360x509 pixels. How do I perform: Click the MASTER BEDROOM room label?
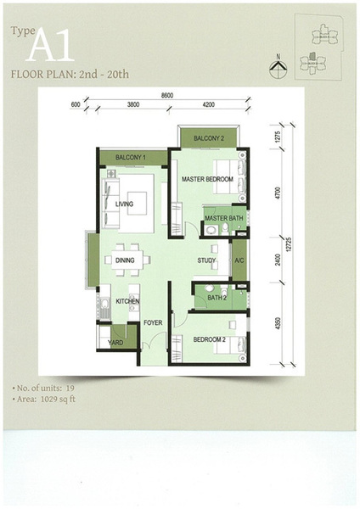pyautogui.click(x=207, y=179)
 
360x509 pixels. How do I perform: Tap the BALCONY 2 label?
pyautogui.click(x=209, y=138)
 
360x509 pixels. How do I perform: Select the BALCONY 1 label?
pyautogui.click(x=130, y=158)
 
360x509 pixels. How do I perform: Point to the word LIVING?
pyautogui.click(x=124, y=204)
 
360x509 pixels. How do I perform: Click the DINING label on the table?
pyautogui.click(x=125, y=260)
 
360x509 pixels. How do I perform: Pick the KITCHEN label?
pyautogui.click(x=127, y=301)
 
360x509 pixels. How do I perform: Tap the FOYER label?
pyautogui.click(x=153, y=322)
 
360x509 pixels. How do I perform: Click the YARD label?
pyautogui.click(x=115, y=343)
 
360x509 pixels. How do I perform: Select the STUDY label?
pyautogui.click(x=206, y=260)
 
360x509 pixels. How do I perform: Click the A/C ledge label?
pyautogui.click(x=239, y=260)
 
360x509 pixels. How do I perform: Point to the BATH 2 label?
pyautogui.click(x=217, y=298)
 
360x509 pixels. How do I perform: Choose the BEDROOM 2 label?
pyautogui.click(x=209, y=339)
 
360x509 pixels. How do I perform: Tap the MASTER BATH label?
pyautogui.click(x=224, y=218)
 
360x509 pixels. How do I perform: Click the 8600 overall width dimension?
pyautogui.click(x=167, y=95)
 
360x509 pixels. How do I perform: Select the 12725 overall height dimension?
pyautogui.click(x=290, y=245)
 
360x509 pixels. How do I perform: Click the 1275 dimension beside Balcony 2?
pyautogui.click(x=277, y=137)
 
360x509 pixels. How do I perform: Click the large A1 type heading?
pyautogui.click(x=50, y=45)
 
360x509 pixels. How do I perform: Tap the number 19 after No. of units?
pyautogui.click(x=70, y=388)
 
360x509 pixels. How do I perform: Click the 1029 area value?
pyautogui.click(x=48, y=399)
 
